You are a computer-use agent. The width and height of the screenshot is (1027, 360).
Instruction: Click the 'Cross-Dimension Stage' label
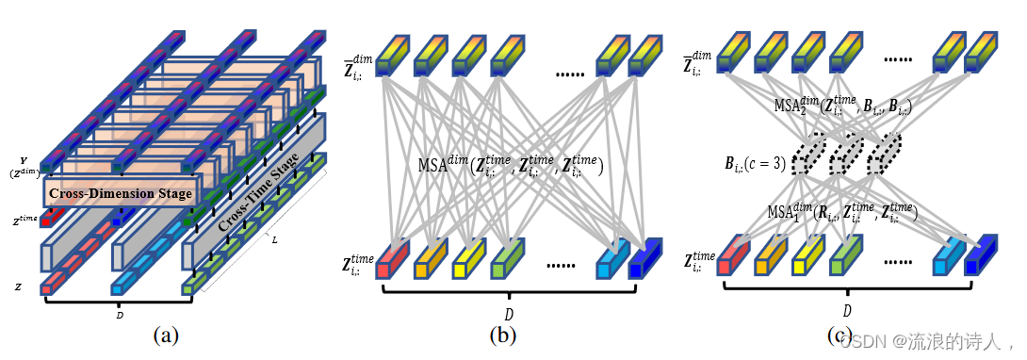point(120,194)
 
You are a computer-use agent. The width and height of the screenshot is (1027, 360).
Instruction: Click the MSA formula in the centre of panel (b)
point(510,166)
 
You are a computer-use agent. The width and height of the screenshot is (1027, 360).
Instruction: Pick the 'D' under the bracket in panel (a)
point(119,316)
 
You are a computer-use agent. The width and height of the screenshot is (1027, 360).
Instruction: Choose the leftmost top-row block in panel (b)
point(391,54)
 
